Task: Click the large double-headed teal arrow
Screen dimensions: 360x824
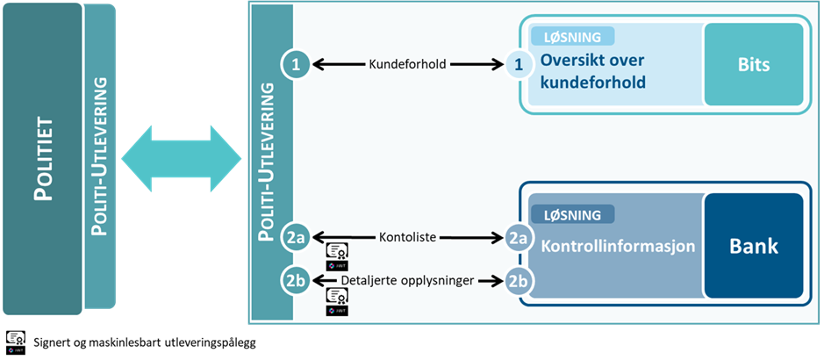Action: click(181, 158)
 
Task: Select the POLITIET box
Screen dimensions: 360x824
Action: click(42, 158)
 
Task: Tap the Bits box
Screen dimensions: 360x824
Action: click(753, 65)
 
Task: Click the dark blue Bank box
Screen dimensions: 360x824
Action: click(753, 247)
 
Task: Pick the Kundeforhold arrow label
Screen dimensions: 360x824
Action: click(407, 64)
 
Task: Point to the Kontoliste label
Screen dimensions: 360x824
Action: click(407, 237)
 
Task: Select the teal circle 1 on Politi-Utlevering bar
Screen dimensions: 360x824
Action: click(296, 64)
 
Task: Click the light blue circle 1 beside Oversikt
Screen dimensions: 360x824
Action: click(519, 64)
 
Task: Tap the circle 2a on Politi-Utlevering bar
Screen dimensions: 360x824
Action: click(296, 237)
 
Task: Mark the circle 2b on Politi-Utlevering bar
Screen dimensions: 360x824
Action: click(296, 281)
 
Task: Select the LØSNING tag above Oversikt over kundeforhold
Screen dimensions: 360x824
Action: click(572, 37)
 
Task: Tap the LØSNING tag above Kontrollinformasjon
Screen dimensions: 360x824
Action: click(572, 214)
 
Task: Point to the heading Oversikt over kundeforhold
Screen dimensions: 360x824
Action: click(593, 72)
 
